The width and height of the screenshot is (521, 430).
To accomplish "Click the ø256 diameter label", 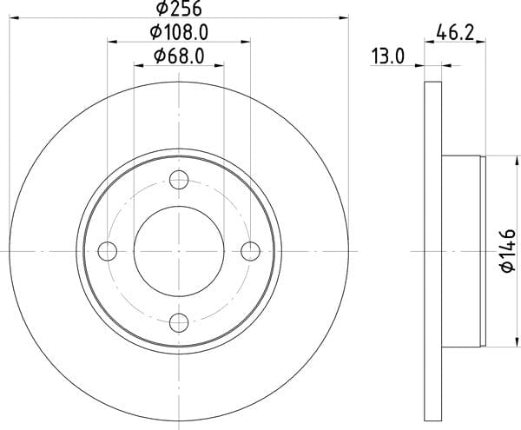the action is pos(179,9).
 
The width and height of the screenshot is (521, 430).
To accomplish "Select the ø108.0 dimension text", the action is pos(179,32).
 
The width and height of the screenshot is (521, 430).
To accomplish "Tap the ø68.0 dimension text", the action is pos(179,56).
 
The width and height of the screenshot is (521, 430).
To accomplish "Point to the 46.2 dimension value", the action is pos(455,32).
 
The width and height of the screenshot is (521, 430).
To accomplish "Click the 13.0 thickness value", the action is pos(387,56).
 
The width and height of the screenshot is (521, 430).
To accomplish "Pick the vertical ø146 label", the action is pos(508,251).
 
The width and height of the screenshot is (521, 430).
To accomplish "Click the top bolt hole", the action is pos(179,180).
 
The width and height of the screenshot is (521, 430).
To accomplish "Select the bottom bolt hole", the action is pos(179,322).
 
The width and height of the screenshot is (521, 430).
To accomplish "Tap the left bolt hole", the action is pos(108,251).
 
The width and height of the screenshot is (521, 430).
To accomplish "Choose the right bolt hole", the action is pos(250,251).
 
